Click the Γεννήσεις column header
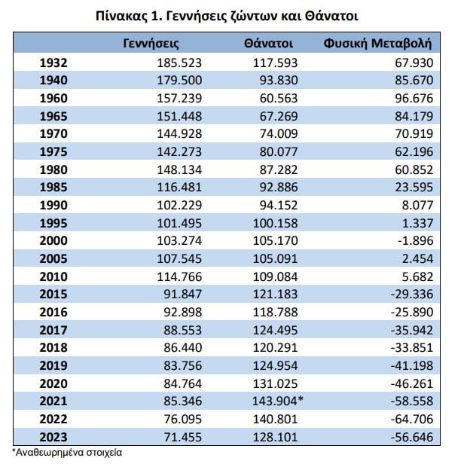pos(151,44)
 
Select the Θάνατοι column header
pos(268,44)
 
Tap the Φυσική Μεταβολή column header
pos(377,44)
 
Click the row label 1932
pos(53,63)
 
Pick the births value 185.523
pos(179,63)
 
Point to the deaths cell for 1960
pos(279,98)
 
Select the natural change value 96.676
pos(414,98)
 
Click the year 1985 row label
pos(53,188)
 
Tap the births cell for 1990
pos(179,205)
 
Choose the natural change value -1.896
pos(416,240)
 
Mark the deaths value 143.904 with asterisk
pos(278,401)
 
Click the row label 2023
pos(53,437)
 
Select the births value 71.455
pos(182,437)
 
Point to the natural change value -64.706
pos(412,420)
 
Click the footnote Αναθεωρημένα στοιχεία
pos(67,453)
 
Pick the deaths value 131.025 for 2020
pos(275,383)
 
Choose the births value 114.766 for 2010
pos(179,276)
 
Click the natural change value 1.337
pos(417,223)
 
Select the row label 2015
pos(53,295)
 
